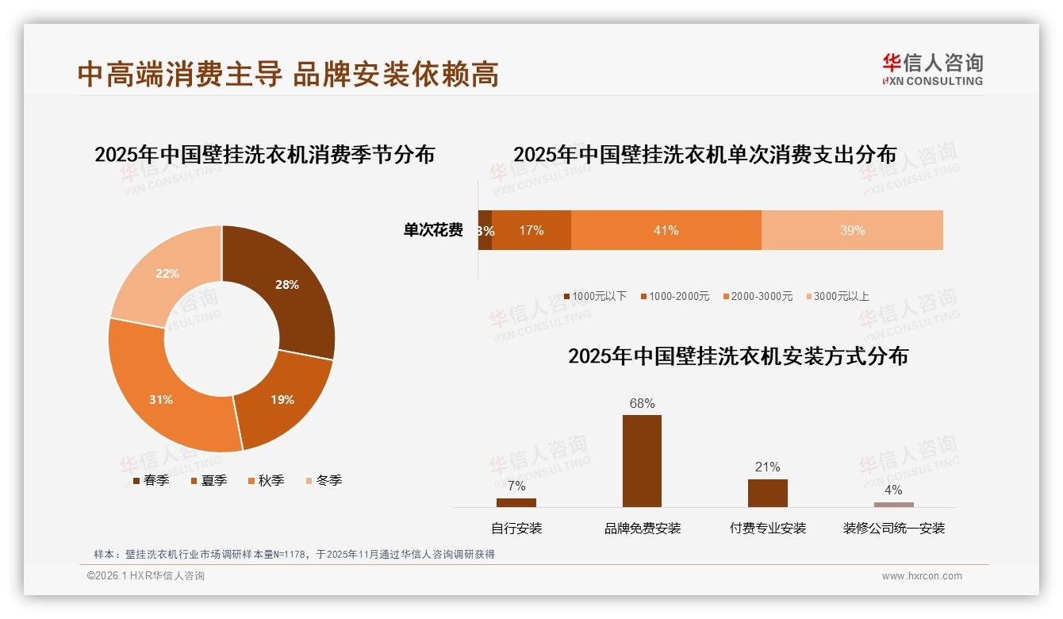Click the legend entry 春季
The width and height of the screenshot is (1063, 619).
[150, 480]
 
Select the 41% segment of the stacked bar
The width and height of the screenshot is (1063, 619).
[666, 230]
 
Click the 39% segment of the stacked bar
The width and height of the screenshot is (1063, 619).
[852, 230]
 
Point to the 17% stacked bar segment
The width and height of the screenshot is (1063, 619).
[531, 230]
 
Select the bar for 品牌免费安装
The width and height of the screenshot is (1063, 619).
[642, 460]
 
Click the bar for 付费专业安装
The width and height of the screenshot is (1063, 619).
[767, 492]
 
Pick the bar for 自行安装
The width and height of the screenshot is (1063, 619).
[516, 502]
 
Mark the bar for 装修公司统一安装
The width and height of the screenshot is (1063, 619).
[894, 505]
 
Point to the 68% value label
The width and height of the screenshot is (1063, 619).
[642, 404]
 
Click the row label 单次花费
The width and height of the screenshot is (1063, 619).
[433, 230]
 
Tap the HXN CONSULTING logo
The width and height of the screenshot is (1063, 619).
[932, 70]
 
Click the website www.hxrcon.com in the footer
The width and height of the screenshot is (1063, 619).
[922, 576]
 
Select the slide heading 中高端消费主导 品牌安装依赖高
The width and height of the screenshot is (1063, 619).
[289, 75]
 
